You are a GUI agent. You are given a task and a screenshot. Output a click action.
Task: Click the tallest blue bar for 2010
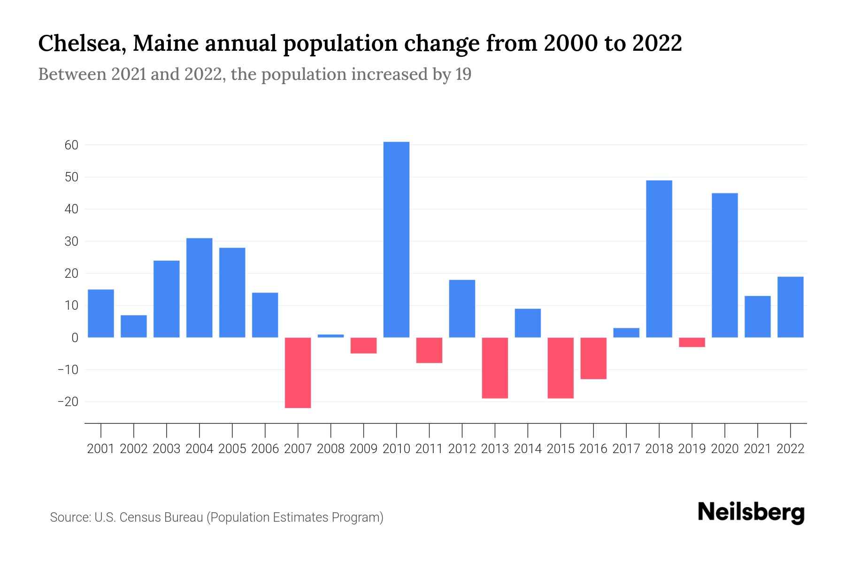point(396,240)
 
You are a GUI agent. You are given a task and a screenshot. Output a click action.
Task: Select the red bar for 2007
point(298,372)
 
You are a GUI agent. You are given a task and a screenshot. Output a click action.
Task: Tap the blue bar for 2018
point(659,258)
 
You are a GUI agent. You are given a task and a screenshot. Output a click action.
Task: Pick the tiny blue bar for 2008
point(330,336)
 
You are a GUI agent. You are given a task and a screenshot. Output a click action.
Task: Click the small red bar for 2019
point(692,342)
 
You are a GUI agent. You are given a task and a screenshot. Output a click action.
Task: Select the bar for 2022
point(791,307)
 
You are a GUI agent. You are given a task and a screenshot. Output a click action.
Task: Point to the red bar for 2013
point(495,368)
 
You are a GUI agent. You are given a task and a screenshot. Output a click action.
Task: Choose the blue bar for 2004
point(199,288)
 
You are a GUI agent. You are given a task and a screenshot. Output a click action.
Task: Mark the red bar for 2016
point(593,358)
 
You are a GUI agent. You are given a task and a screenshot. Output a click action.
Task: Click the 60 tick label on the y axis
point(71,145)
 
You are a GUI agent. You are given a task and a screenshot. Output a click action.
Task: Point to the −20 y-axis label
point(68,402)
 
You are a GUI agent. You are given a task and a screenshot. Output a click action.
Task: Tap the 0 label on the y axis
point(75,337)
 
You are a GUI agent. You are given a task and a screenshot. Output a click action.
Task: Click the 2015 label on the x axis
point(561,449)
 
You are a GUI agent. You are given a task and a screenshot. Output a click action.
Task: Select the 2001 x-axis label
point(101,449)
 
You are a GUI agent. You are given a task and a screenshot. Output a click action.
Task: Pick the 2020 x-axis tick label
point(725,449)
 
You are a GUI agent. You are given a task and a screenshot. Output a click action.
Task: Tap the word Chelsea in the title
point(82,43)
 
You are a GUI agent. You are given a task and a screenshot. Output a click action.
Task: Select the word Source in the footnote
point(70,517)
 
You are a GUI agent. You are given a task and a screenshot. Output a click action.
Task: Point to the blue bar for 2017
point(626,333)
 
